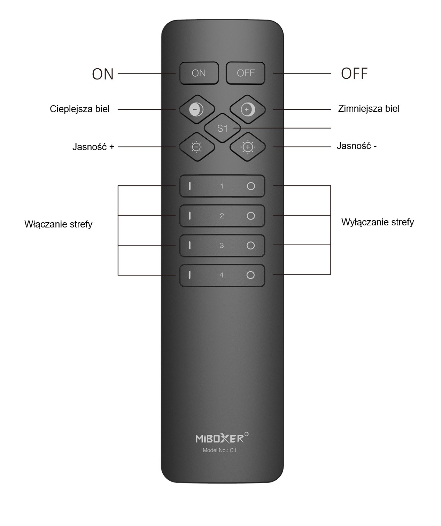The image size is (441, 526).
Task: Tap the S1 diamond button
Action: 222,128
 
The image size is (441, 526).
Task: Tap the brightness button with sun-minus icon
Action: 196,147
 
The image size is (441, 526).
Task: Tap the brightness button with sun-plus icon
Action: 248,147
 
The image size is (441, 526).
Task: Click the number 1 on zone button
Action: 222,186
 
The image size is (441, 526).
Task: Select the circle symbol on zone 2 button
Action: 250,216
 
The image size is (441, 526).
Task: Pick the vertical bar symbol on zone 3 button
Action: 189,246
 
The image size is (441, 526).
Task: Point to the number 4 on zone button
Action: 222,275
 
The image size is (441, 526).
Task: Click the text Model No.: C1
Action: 219,450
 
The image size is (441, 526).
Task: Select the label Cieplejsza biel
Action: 80,109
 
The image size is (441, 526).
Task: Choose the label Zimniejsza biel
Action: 369,109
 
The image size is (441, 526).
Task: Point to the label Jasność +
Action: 93,147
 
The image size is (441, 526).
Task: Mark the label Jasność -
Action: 356,146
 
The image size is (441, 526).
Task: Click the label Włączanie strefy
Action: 59,224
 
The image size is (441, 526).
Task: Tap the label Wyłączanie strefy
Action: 378,222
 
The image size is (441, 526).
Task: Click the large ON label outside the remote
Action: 103,74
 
